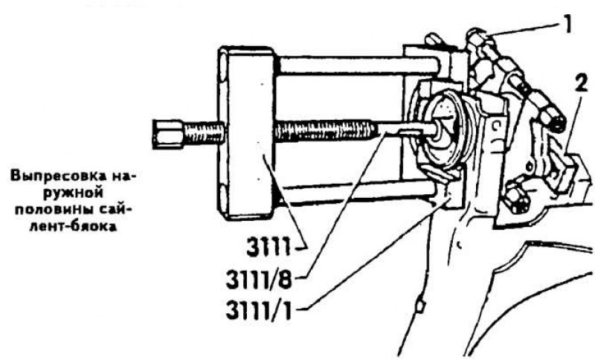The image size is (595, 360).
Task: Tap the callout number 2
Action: click(581, 83)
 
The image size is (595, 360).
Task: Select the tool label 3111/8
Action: click(259, 280)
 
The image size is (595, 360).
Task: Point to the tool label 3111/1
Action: click(259, 310)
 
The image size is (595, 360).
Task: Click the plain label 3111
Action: click(268, 248)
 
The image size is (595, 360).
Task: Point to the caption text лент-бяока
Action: click(73, 227)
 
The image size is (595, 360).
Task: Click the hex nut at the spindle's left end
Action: click(167, 134)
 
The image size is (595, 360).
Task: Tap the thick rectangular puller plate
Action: click(247, 133)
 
